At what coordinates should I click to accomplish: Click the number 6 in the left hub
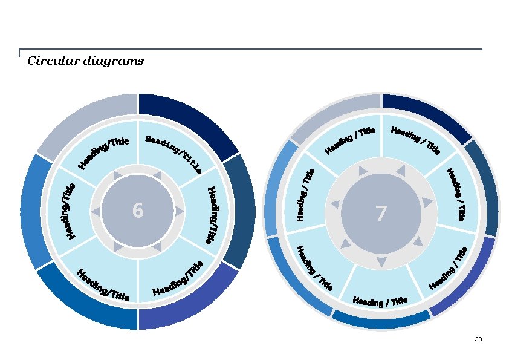[x=138, y=211]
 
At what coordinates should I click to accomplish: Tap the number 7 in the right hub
[x=381, y=214]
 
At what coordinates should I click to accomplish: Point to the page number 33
[x=478, y=339]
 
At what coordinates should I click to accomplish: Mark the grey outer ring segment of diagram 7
[x=332, y=115]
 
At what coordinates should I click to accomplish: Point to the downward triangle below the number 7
[x=381, y=262]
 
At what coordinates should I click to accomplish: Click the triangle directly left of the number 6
[x=96, y=211]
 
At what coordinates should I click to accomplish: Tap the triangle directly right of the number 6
[x=180, y=211]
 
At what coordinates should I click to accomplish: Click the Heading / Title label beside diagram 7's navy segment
[x=416, y=140]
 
